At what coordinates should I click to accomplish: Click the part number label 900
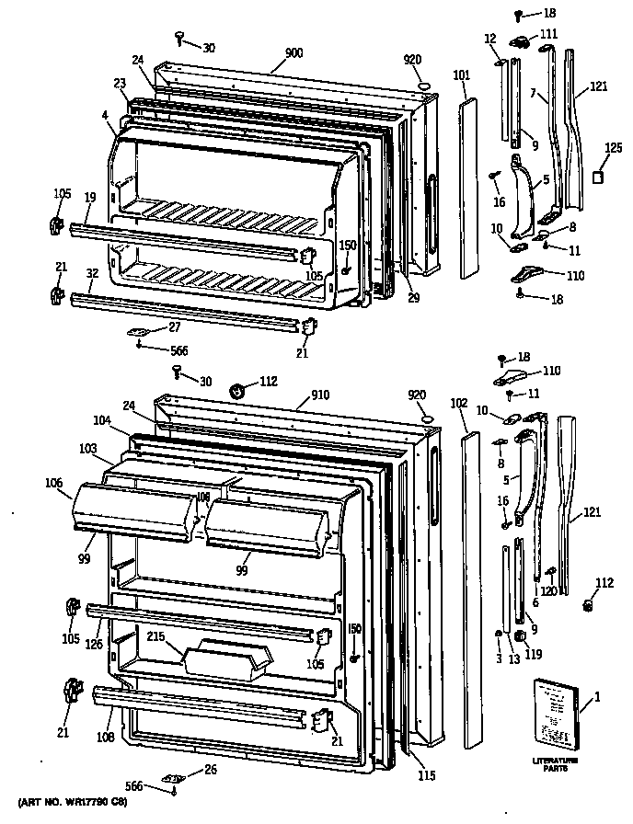click(293, 53)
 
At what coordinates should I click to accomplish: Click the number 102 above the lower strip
click(461, 403)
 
